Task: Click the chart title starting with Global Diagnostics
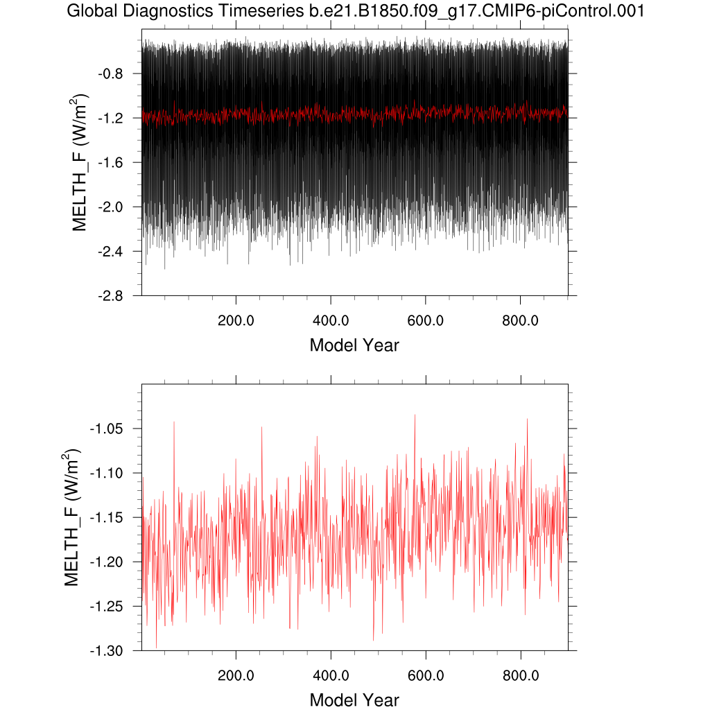click(354, 11)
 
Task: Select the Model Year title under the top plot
click(354, 345)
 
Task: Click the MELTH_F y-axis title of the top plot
click(81, 162)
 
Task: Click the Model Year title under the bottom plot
click(354, 700)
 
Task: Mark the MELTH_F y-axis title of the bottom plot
click(73, 517)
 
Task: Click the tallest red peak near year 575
click(415, 415)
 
